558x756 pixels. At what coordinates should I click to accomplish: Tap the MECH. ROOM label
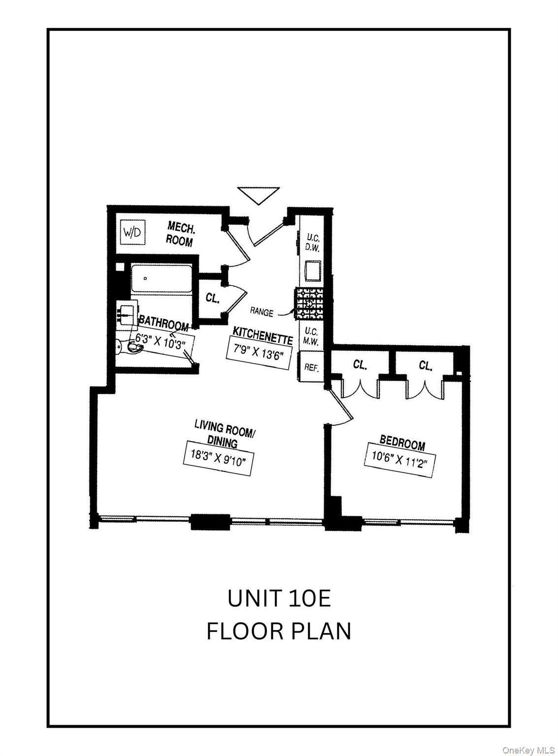point(180,233)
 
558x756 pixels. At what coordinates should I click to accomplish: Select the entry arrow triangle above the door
point(259,195)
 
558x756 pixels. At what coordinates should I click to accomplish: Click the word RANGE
point(262,311)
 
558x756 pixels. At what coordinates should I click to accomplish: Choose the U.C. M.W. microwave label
point(312,336)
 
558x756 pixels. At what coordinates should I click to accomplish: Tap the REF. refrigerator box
point(311,367)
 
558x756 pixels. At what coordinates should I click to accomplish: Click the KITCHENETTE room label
point(263,335)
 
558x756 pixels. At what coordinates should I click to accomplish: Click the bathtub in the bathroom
point(161,279)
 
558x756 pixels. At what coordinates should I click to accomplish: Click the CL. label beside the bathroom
point(212,298)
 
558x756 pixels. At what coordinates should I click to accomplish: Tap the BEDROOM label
point(402,442)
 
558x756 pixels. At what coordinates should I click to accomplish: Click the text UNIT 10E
point(279,598)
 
